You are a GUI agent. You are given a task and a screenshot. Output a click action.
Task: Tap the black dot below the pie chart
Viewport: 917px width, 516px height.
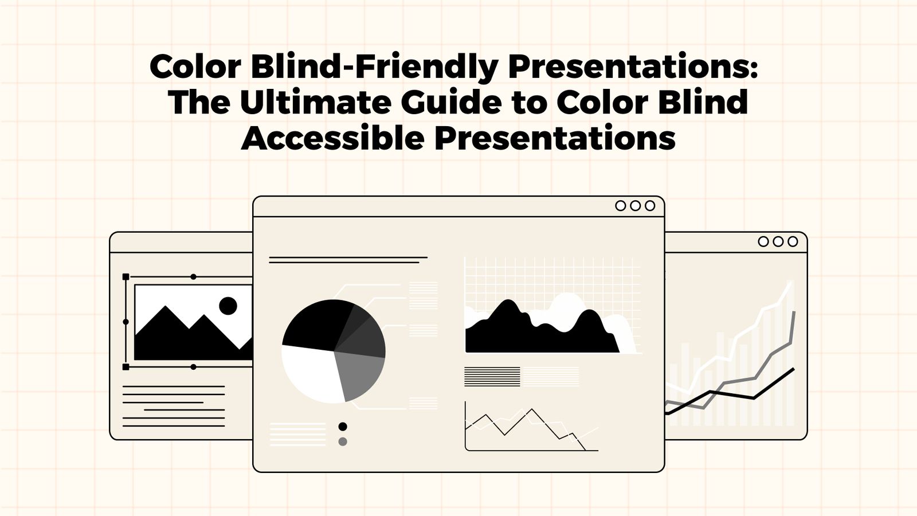point(343,427)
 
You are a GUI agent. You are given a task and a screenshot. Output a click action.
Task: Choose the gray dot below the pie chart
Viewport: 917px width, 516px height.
point(343,441)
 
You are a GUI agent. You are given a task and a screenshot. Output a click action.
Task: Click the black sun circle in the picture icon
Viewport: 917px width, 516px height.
point(228,306)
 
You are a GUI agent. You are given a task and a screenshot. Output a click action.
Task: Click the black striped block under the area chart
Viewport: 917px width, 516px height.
point(492,377)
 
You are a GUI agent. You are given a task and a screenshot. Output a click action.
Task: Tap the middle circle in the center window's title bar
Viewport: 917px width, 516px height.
point(635,206)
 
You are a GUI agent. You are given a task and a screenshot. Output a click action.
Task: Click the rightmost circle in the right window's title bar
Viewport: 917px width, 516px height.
point(793,241)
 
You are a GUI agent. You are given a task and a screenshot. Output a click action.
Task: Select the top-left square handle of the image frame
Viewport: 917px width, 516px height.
point(126,277)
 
